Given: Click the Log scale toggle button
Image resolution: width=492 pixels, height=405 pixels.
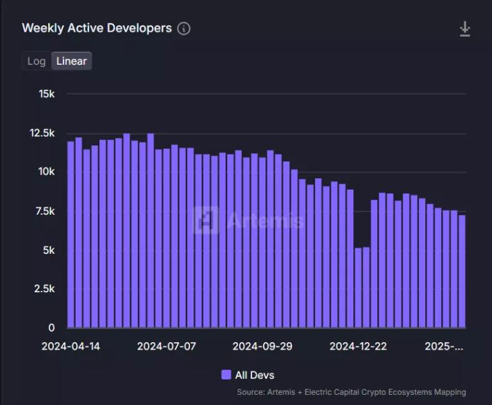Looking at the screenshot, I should coord(36,61).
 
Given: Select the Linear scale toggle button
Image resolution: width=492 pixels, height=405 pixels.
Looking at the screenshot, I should coord(71,61).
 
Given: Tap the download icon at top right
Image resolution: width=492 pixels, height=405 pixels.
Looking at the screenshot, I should coord(465,28).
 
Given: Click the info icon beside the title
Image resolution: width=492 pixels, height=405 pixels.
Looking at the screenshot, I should coord(184,28).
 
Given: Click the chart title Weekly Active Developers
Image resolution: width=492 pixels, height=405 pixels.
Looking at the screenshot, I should coord(97,28).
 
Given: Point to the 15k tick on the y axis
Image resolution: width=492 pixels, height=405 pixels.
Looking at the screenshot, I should coord(47,94).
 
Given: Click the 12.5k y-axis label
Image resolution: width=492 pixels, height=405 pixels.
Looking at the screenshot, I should coord(42,133).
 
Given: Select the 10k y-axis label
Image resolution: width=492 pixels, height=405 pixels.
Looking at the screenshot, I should coord(47,172).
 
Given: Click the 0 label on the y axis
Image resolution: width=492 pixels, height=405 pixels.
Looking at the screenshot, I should coord(51,328).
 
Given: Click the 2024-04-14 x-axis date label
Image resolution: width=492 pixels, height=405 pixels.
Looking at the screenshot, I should coord(71,346).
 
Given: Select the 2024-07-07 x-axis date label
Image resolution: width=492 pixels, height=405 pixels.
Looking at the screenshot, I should coord(166,346).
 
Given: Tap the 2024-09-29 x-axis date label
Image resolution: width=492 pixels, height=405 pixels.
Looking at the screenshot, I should coord(262,346).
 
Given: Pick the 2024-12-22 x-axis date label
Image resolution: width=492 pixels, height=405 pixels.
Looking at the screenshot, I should coord(358,346).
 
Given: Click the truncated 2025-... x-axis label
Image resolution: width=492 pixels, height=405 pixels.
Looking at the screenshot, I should coord(444,346).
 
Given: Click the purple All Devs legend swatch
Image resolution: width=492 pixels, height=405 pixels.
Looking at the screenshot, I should coord(226,375).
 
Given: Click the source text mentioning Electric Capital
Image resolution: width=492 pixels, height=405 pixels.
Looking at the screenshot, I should coord(351,392).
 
